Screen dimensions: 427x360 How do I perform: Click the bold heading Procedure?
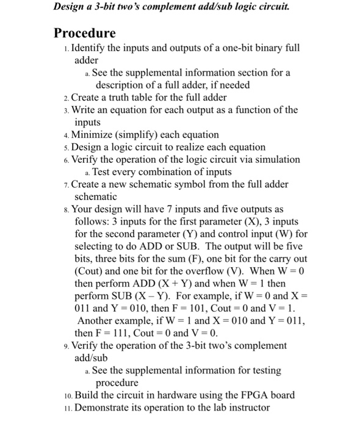pos(85,32)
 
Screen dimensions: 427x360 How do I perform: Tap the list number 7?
pos(67,184)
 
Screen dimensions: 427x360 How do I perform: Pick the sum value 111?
pos(126,332)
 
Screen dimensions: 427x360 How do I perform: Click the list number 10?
pos(67,395)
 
